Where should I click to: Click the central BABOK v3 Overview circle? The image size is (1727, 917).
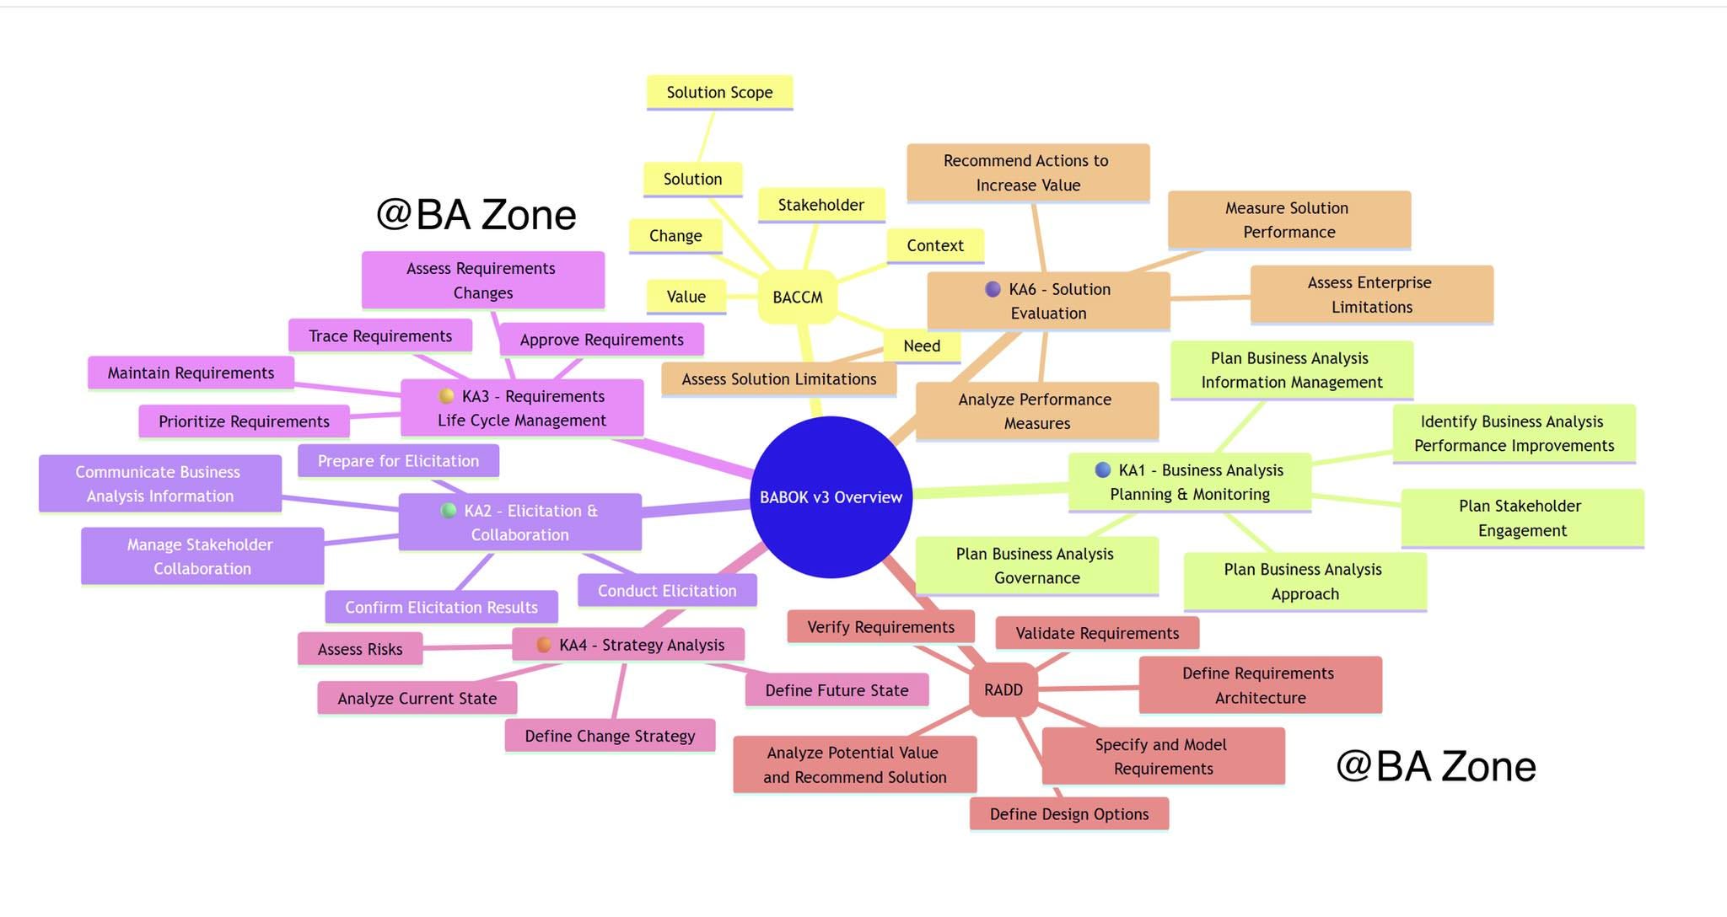point(831,497)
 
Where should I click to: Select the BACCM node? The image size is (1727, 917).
point(797,297)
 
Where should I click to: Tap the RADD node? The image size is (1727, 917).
point(1003,689)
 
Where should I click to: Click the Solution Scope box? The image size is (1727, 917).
point(719,92)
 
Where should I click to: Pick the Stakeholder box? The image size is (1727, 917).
point(820,205)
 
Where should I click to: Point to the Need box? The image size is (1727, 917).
point(921,346)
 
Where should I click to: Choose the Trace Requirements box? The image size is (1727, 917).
point(379,335)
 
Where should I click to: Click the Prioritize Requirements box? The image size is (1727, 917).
point(244,421)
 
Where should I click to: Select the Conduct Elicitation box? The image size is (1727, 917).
point(667,591)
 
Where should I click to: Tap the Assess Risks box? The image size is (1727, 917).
point(360,649)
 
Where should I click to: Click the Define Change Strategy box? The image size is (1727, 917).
point(610,736)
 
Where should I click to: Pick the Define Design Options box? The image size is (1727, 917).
point(1068,814)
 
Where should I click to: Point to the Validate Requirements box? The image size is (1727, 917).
point(1097,633)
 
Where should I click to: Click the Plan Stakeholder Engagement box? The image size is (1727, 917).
point(1522,518)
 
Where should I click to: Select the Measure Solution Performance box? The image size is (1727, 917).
point(1289,220)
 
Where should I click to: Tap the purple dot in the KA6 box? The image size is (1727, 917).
point(993,289)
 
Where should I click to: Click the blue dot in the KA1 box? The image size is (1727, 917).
point(1102,469)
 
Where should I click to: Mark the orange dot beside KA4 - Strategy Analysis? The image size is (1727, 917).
point(544,645)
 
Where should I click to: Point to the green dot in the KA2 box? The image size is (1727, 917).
point(449,510)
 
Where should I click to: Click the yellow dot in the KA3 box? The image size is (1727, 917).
point(446,396)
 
